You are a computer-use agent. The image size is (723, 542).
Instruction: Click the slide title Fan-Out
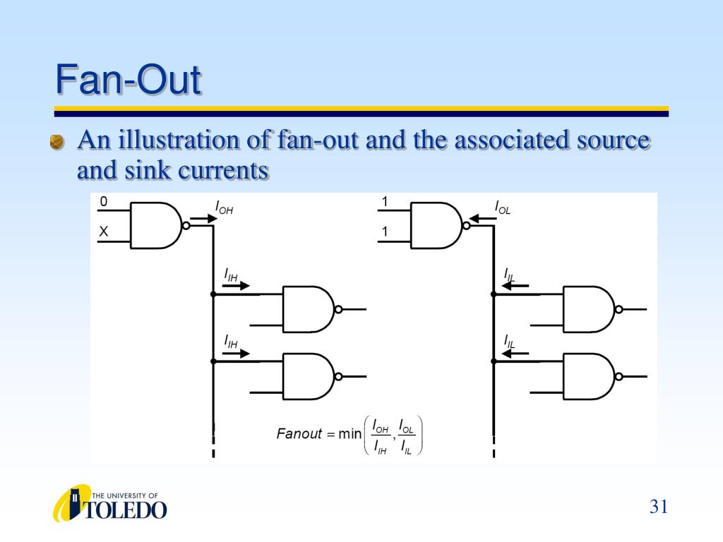click(129, 79)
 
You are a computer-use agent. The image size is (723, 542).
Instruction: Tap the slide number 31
click(659, 507)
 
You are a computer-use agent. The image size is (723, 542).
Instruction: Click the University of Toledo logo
click(109, 503)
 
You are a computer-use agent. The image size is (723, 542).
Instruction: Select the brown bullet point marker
click(56, 142)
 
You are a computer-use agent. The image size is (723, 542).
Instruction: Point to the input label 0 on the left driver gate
click(103, 201)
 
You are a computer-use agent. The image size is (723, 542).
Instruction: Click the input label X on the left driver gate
click(103, 231)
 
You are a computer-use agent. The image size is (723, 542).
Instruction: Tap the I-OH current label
click(224, 207)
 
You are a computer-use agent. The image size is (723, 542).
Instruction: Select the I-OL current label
click(502, 207)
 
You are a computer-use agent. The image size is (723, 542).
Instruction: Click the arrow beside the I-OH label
click(203, 219)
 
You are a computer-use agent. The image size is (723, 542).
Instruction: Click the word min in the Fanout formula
click(349, 434)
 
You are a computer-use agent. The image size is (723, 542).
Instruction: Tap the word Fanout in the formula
click(299, 434)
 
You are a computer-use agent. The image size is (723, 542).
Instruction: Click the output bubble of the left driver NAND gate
click(186, 226)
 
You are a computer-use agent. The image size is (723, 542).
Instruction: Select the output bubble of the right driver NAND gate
click(466, 226)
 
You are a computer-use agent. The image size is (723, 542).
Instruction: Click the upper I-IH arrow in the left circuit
click(236, 286)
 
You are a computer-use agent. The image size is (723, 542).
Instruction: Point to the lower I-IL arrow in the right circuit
click(515, 354)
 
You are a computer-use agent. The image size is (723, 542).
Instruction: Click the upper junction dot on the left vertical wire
click(213, 294)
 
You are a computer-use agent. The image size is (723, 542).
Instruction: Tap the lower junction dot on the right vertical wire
click(494, 362)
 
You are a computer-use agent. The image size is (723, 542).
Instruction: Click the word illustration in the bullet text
click(179, 140)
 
